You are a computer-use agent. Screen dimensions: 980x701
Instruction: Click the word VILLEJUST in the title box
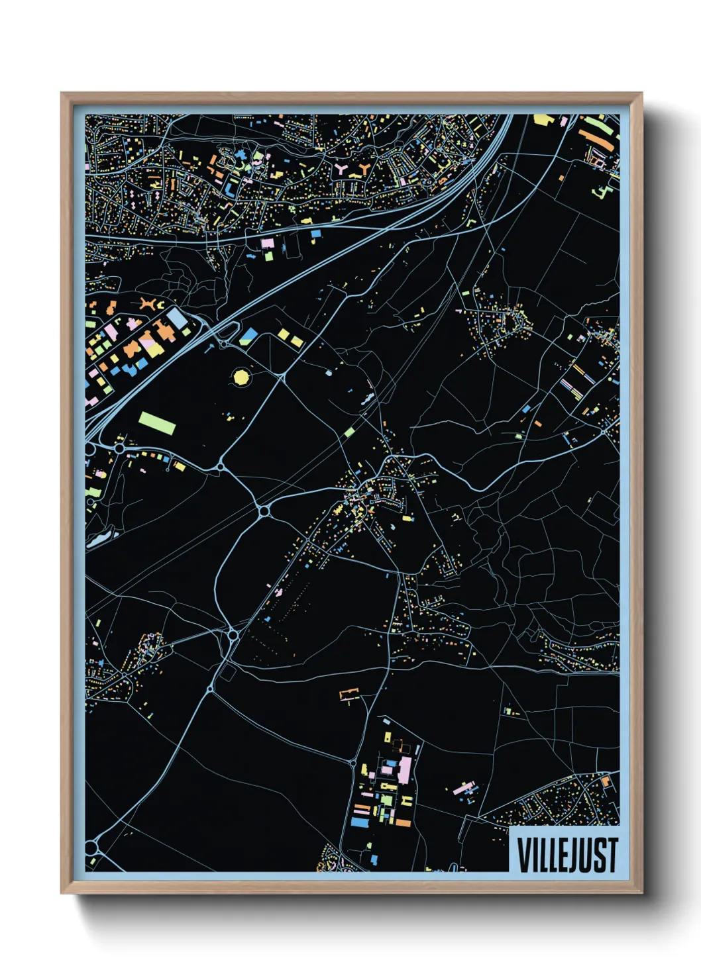(x=567, y=854)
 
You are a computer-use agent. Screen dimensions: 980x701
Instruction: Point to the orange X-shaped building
(x=150, y=304)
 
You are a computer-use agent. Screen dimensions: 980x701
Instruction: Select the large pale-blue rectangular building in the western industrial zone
(x=177, y=318)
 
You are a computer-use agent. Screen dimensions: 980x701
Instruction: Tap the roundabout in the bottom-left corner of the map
(x=91, y=847)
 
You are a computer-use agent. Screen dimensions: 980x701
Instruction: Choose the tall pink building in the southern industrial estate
(x=404, y=770)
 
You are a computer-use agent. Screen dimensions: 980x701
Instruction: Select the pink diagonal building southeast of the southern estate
(x=463, y=788)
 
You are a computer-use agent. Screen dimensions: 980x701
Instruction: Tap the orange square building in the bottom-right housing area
(x=606, y=782)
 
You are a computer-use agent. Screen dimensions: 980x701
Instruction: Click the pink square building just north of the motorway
(x=268, y=244)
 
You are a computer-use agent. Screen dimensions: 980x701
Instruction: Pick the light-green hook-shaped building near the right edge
(x=604, y=191)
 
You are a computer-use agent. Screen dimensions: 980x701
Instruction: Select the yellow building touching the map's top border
(x=541, y=119)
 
